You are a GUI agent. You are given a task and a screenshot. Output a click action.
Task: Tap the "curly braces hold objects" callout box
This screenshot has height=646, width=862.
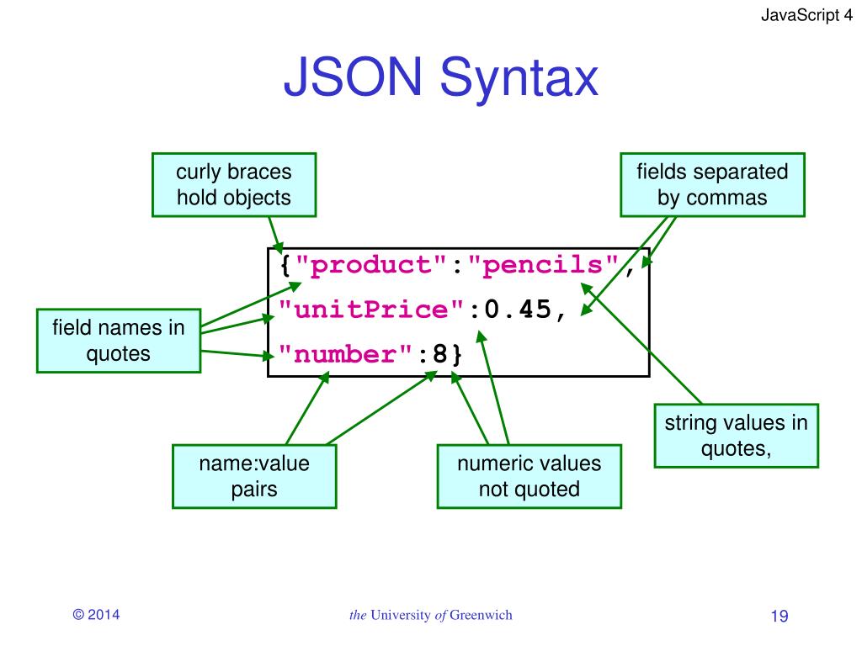coord(233,185)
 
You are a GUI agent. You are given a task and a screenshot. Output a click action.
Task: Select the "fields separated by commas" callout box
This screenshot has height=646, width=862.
coord(712,185)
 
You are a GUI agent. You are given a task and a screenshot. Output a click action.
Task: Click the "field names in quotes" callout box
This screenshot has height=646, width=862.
coord(118,340)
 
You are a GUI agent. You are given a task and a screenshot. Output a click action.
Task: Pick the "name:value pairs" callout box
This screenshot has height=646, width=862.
coord(253,476)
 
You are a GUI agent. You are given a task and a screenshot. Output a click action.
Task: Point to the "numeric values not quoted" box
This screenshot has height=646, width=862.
coord(529,476)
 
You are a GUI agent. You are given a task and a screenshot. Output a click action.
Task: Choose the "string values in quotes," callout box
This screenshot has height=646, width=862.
coord(736,436)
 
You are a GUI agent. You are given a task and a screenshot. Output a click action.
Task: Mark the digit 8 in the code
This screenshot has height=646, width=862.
coord(439,354)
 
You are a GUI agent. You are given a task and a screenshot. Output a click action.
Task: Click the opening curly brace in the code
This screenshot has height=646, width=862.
coord(285,267)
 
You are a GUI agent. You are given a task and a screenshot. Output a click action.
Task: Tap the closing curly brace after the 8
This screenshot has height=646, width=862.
coord(456,354)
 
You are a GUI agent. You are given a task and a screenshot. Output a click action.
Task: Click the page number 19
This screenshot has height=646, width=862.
coord(779,617)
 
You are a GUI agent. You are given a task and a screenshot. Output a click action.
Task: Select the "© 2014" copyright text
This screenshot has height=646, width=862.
coord(97,615)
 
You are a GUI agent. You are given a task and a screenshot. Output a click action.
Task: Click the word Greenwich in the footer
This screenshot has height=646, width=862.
coord(481,615)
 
